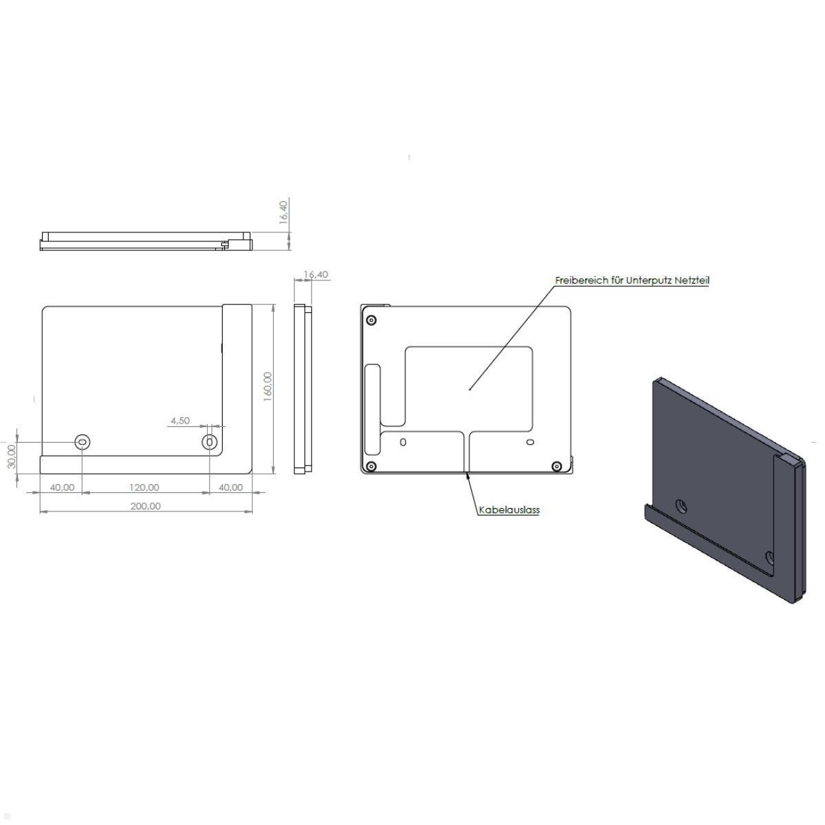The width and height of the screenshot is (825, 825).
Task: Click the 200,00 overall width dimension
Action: [146, 507]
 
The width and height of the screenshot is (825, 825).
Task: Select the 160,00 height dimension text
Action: [267, 386]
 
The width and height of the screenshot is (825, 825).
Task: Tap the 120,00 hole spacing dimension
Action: [144, 487]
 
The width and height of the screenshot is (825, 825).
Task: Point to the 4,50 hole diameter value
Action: [180, 421]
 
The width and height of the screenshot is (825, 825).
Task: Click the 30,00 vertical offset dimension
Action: [12, 456]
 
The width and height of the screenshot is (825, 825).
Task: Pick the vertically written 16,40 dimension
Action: [283, 212]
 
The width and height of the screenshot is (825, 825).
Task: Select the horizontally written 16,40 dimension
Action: [316, 274]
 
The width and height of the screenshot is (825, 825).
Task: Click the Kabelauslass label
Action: [509, 510]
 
